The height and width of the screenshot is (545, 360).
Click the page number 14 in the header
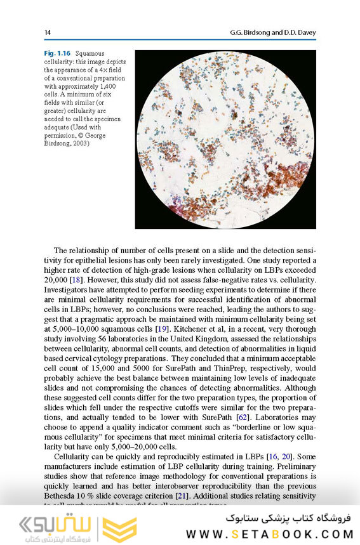pyautogui.click(x=48, y=32)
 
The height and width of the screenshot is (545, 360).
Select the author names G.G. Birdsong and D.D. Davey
pyautogui.click(x=272, y=32)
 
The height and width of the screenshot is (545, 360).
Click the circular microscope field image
pyautogui.click(x=225, y=140)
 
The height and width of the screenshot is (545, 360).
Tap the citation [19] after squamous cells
pyautogui.click(x=162, y=330)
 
